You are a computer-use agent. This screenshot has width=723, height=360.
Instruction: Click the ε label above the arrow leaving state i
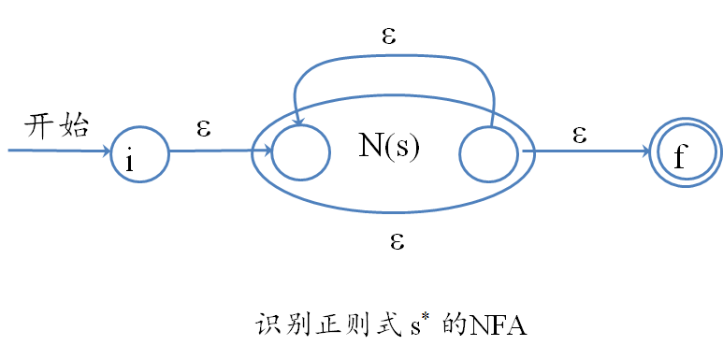pos(203,128)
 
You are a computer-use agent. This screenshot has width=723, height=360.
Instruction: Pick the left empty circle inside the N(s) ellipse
pos(300,151)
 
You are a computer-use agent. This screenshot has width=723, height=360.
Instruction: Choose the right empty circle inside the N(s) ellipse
pos(489,151)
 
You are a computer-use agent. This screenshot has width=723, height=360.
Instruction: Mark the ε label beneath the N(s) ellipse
pos(396,241)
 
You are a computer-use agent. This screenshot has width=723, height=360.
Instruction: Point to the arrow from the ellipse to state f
pos(589,150)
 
